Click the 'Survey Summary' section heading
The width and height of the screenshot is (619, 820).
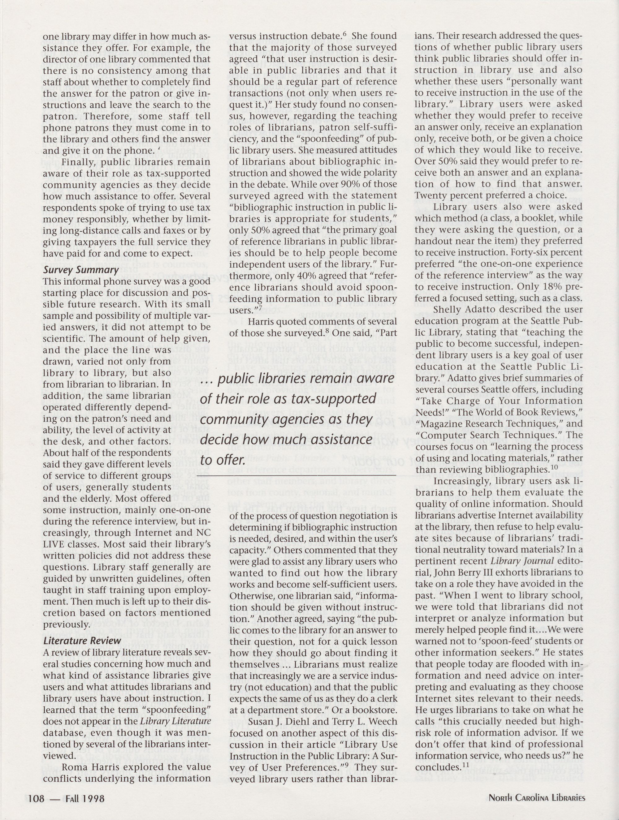[80, 270]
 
